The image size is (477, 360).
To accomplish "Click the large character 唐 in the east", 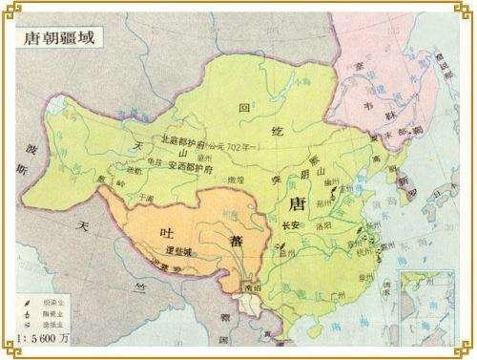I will pos(296,202).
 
